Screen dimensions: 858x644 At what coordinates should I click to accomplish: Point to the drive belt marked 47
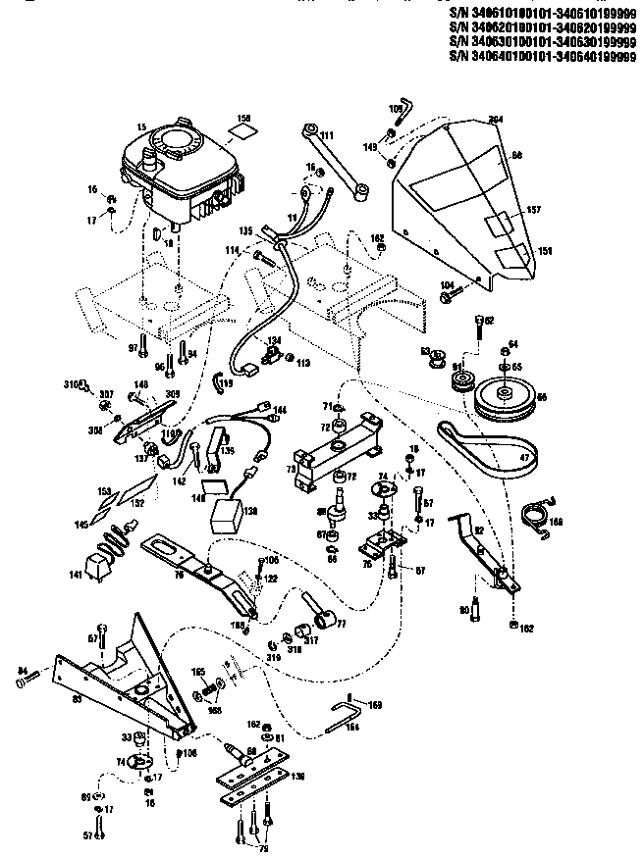coord(491,451)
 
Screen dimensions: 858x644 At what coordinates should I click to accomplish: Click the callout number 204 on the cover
coord(495,119)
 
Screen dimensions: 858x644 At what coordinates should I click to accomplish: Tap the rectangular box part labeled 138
coord(231,511)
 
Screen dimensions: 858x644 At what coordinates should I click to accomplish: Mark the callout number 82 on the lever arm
coord(478,529)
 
